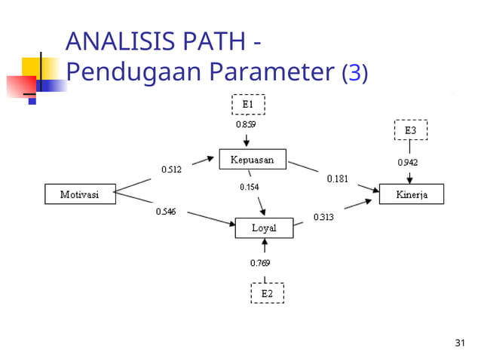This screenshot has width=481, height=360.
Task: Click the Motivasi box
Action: coord(79,194)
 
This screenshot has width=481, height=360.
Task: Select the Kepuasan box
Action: coord(252,159)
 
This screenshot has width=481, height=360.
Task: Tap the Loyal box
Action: coord(263,227)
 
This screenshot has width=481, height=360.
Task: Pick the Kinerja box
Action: coord(411,194)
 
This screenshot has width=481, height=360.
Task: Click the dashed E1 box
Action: coord(247,104)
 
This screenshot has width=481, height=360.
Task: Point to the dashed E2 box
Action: coord(267,293)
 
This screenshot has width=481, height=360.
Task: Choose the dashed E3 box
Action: coord(410,130)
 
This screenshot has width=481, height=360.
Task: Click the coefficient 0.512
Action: coord(171,169)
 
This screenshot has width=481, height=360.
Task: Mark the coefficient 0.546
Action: coord(166,212)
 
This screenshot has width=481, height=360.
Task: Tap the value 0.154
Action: coord(250,187)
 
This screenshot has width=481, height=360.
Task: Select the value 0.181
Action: coord(337,179)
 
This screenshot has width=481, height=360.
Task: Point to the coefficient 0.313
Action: coord(323,218)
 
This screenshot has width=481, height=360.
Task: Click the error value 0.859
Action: coord(245,124)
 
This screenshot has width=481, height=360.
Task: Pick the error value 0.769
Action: coord(261,263)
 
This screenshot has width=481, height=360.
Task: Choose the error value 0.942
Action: coord(409,162)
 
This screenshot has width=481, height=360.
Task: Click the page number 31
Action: coord(461,344)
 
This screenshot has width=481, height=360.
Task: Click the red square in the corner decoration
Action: coord(20,86)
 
